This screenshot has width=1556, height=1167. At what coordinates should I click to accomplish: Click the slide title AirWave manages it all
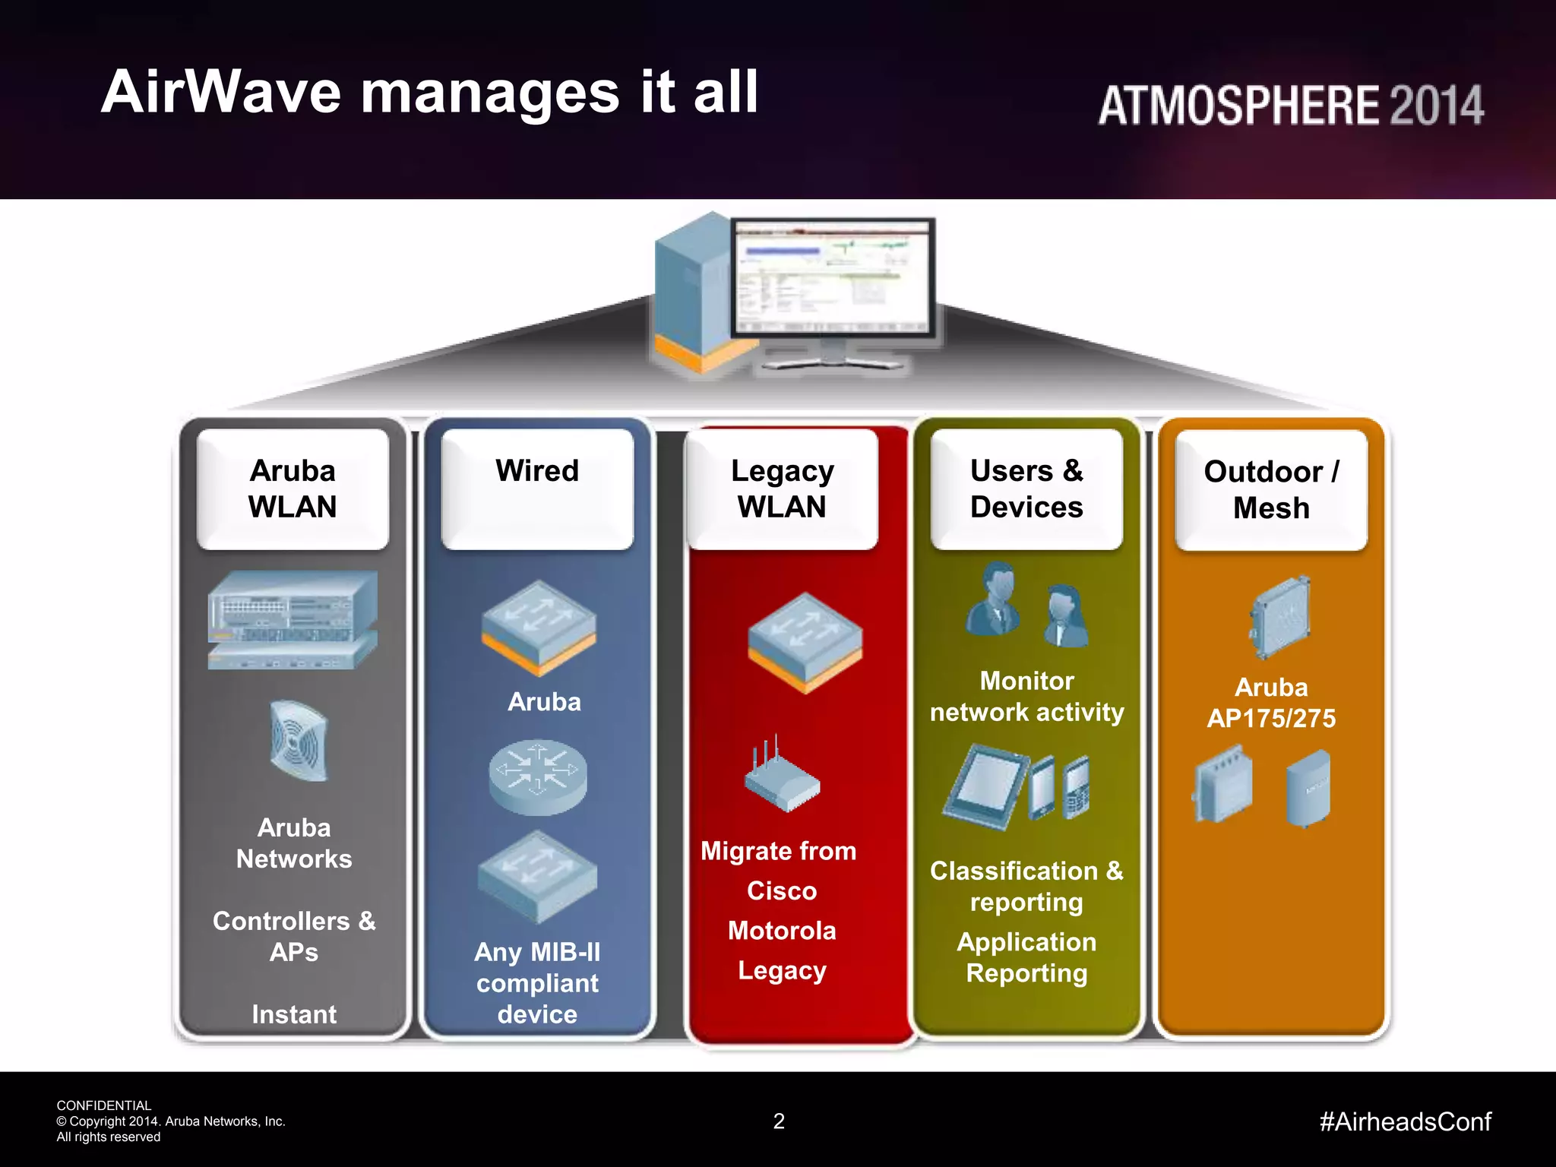(x=429, y=93)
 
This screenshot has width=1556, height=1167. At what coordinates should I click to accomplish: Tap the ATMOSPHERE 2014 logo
(x=1290, y=105)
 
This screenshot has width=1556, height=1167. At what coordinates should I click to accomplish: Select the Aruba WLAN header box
(x=293, y=489)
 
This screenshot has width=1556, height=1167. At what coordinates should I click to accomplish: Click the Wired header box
(x=537, y=489)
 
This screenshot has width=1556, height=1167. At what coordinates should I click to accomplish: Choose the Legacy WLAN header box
(x=782, y=489)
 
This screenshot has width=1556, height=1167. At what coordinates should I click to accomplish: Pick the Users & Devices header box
(x=1026, y=489)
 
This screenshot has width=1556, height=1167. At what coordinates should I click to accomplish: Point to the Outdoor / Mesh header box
(x=1271, y=489)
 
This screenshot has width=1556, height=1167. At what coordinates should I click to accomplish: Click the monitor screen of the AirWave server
(x=832, y=277)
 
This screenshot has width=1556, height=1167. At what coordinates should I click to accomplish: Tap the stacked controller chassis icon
(x=293, y=619)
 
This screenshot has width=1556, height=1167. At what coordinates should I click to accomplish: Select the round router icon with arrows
(x=538, y=776)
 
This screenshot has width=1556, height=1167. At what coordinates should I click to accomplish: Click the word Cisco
(x=782, y=890)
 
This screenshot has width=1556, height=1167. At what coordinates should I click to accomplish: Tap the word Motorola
(x=782, y=931)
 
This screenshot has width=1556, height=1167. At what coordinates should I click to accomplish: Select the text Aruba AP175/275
(x=1271, y=703)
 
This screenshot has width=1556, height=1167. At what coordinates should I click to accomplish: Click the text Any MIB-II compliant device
(x=537, y=983)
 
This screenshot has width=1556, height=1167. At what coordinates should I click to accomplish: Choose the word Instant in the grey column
(x=294, y=1014)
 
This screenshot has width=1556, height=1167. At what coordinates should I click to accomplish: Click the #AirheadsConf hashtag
(x=1405, y=1121)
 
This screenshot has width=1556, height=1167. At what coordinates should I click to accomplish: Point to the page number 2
(x=779, y=1121)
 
